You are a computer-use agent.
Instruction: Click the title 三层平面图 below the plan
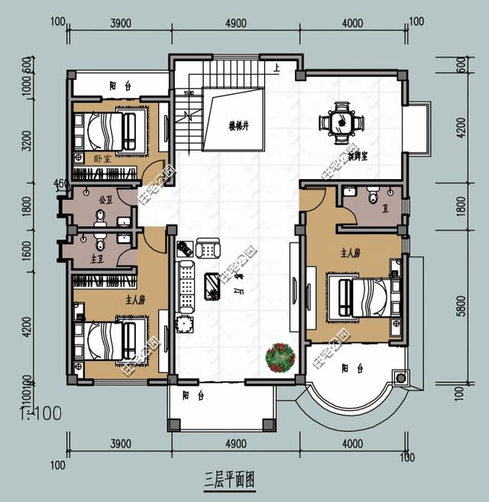pos(228,480)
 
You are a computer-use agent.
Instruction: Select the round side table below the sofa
pos(183,324)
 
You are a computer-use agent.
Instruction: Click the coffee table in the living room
pos(213,285)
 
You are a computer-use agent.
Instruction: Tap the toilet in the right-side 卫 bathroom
pos(373,198)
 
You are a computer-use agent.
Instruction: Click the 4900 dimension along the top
pos(235,23)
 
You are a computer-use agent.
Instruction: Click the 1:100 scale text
pos(36,415)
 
